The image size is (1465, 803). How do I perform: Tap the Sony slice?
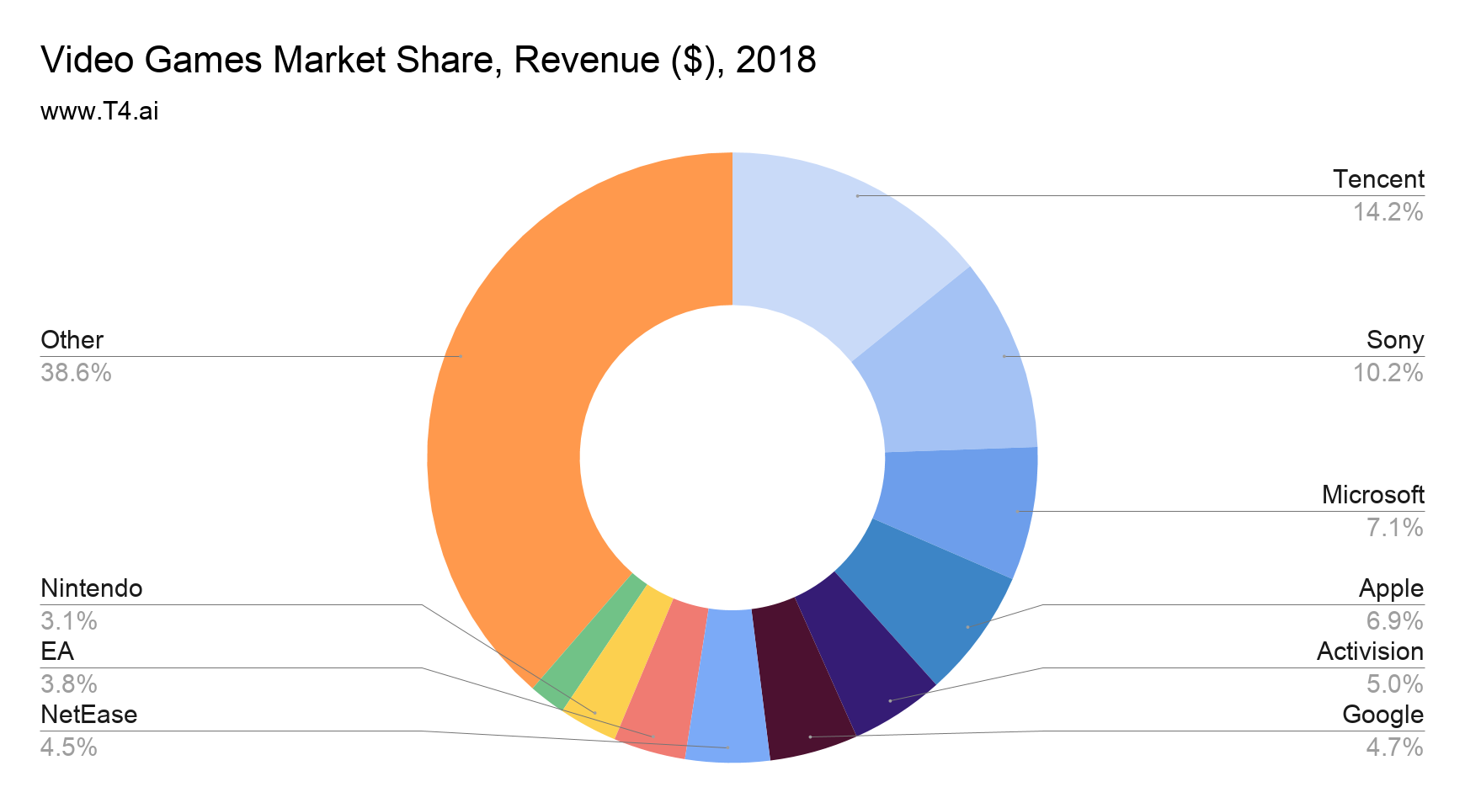point(951,370)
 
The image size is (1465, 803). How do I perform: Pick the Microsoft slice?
point(960,505)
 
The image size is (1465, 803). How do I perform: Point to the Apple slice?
point(926,606)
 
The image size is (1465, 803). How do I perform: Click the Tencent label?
point(1378,179)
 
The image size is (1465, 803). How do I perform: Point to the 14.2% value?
point(1388,212)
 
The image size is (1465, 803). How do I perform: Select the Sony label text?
point(1394,340)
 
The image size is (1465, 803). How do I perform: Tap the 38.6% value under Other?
point(76,373)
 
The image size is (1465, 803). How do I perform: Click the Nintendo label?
point(91,588)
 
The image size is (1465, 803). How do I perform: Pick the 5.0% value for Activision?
point(1394,683)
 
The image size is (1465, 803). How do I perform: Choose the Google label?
point(1382,715)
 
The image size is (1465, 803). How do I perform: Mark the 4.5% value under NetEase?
point(69,747)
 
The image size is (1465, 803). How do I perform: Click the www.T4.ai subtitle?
point(99,111)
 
